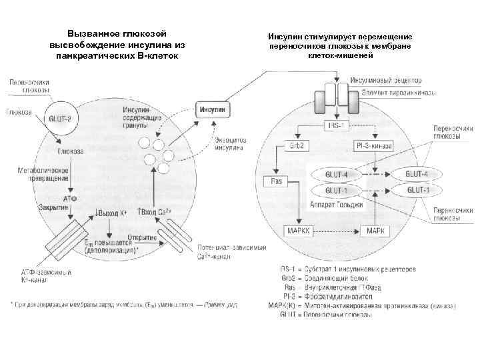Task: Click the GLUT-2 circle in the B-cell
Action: (x=61, y=120)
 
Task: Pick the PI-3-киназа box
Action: (x=374, y=145)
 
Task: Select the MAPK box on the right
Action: (x=374, y=231)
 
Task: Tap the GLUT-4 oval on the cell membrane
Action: (x=417, y=174)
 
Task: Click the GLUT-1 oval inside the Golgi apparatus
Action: (x=335, y=190)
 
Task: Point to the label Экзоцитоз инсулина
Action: (x=229, y=144)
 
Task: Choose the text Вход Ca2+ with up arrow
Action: (x=154, y=213)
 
